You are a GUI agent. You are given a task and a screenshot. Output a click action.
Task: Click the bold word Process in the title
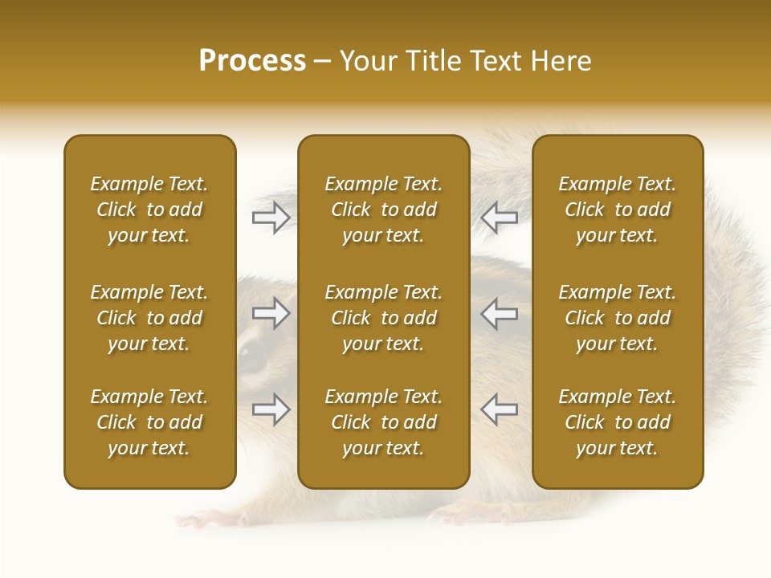point(252,61)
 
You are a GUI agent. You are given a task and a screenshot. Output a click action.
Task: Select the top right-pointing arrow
point(271,217)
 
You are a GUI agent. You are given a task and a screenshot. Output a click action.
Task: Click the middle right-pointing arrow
point(271,313)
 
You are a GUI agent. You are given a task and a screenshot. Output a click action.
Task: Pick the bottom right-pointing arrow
point(271,409)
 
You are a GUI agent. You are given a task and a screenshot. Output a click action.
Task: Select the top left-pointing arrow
point(499,217)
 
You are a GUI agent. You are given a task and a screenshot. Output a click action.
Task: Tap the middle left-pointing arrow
point(499,313)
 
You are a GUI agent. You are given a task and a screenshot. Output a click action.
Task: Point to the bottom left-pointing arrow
point(499,409)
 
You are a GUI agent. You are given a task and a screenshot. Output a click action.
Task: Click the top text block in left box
point(149,210)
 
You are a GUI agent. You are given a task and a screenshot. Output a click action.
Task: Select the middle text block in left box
point(149,318)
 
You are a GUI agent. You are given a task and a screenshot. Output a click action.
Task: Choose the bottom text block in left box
point(149,422)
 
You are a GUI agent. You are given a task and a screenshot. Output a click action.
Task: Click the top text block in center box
point(383,210)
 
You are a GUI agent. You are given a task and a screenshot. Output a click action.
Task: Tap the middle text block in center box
point(383,318)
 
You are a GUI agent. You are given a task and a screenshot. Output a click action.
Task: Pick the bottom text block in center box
point(383,422)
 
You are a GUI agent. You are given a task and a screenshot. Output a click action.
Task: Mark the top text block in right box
point(617,210)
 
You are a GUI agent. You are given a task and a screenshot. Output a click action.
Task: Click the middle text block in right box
point(617,318)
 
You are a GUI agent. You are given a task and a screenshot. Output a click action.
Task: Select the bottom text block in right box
point(617,422)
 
